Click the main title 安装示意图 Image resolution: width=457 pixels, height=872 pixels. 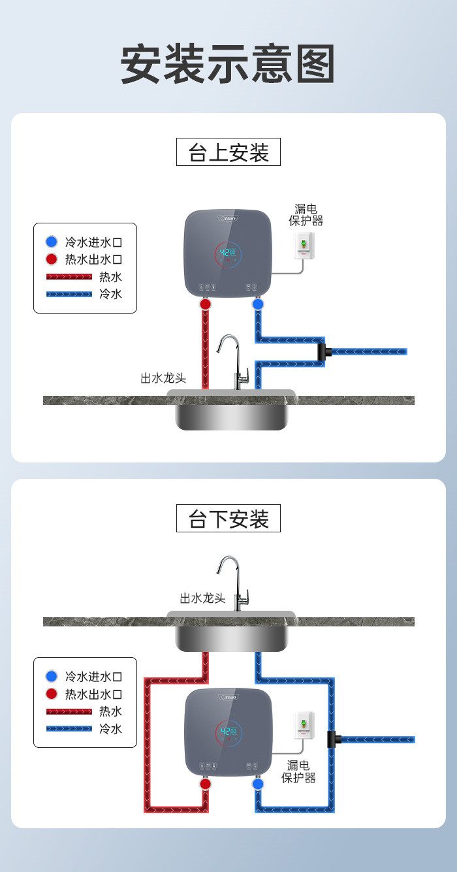228,64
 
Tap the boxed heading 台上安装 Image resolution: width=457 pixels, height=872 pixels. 228,152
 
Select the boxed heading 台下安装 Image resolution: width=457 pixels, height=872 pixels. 228,519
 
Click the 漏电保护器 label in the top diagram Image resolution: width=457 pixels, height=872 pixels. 306,214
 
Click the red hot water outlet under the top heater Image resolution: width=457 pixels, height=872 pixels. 206,304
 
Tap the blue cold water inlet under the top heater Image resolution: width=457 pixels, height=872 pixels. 258,304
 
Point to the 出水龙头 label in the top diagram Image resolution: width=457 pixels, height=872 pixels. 163,378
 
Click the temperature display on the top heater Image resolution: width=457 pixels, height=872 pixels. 228,253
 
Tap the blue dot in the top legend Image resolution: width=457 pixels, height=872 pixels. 52,242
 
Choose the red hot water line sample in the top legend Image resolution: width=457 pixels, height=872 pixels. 69,277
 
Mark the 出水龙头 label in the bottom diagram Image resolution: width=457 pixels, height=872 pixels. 202,598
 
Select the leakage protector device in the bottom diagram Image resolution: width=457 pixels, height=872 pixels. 304,726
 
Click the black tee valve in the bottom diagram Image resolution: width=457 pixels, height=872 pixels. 336,740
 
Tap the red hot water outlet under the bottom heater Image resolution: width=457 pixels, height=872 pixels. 206,783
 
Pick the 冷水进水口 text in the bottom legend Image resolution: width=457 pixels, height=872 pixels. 93,677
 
